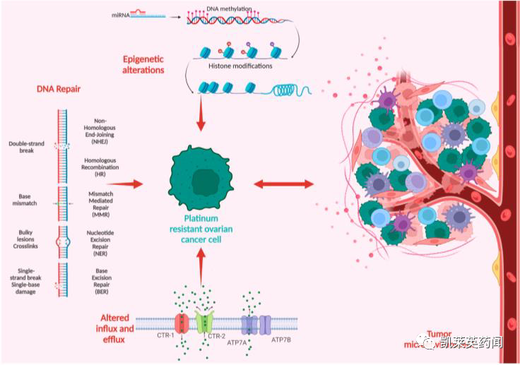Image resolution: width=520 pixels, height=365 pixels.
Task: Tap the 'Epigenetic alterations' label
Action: pyautogui.click(x=143, y=64)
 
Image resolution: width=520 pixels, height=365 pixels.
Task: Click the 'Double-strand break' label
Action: pyautogui.click(x=26, y=148)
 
